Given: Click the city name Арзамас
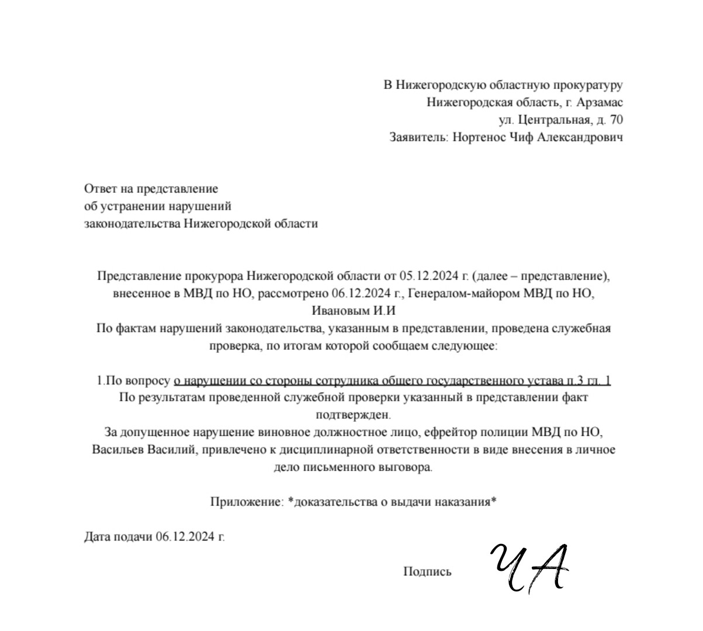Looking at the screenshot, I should click(x=599, y=103).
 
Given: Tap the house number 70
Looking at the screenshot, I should click(x=616, y=120).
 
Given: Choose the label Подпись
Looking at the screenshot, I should click(x=427, y=571).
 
